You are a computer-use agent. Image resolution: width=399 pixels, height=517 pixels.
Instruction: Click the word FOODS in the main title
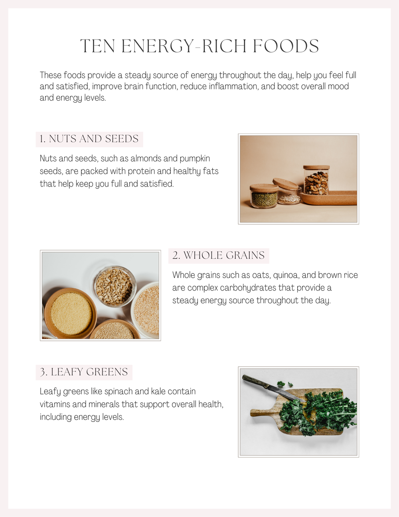(286, 46)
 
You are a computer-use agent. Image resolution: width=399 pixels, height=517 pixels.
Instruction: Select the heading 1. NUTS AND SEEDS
(89, 139)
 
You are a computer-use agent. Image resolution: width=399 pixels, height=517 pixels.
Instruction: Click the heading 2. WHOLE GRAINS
(219, 256)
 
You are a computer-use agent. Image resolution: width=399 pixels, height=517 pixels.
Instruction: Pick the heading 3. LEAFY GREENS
(84, 372)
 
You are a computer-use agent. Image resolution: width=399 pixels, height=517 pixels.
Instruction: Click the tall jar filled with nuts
(316, 181)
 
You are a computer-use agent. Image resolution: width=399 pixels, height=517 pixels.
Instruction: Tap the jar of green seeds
(264, 197)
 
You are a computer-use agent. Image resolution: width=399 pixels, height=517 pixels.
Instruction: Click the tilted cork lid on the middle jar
(286, 184)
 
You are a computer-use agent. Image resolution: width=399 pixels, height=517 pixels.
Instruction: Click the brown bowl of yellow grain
(71, 313)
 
